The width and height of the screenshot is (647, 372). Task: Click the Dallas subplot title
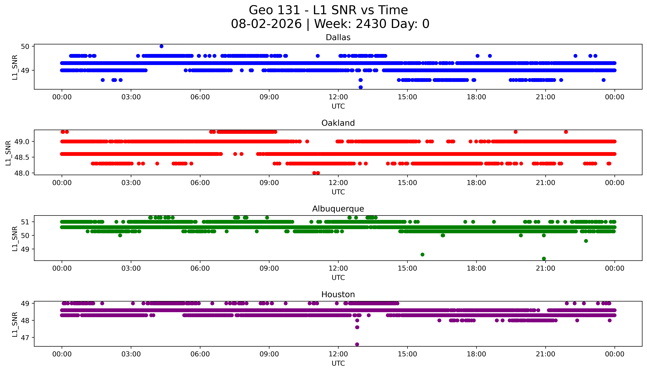tap(338, 38)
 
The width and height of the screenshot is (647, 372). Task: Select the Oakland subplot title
tap(338, 123)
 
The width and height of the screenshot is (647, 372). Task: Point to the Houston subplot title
tap(338, 295)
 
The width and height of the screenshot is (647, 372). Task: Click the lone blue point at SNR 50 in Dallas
tap(161, 46)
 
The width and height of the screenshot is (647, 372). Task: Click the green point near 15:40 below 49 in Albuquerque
tap(422, 255)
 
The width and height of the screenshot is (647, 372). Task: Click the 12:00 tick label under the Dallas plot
tap(338, 97)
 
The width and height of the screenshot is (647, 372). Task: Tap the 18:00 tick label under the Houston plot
tap(476, 354)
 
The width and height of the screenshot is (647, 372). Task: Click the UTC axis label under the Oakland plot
tap(338, 192)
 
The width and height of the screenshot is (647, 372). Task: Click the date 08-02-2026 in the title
tap(266, 24)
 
